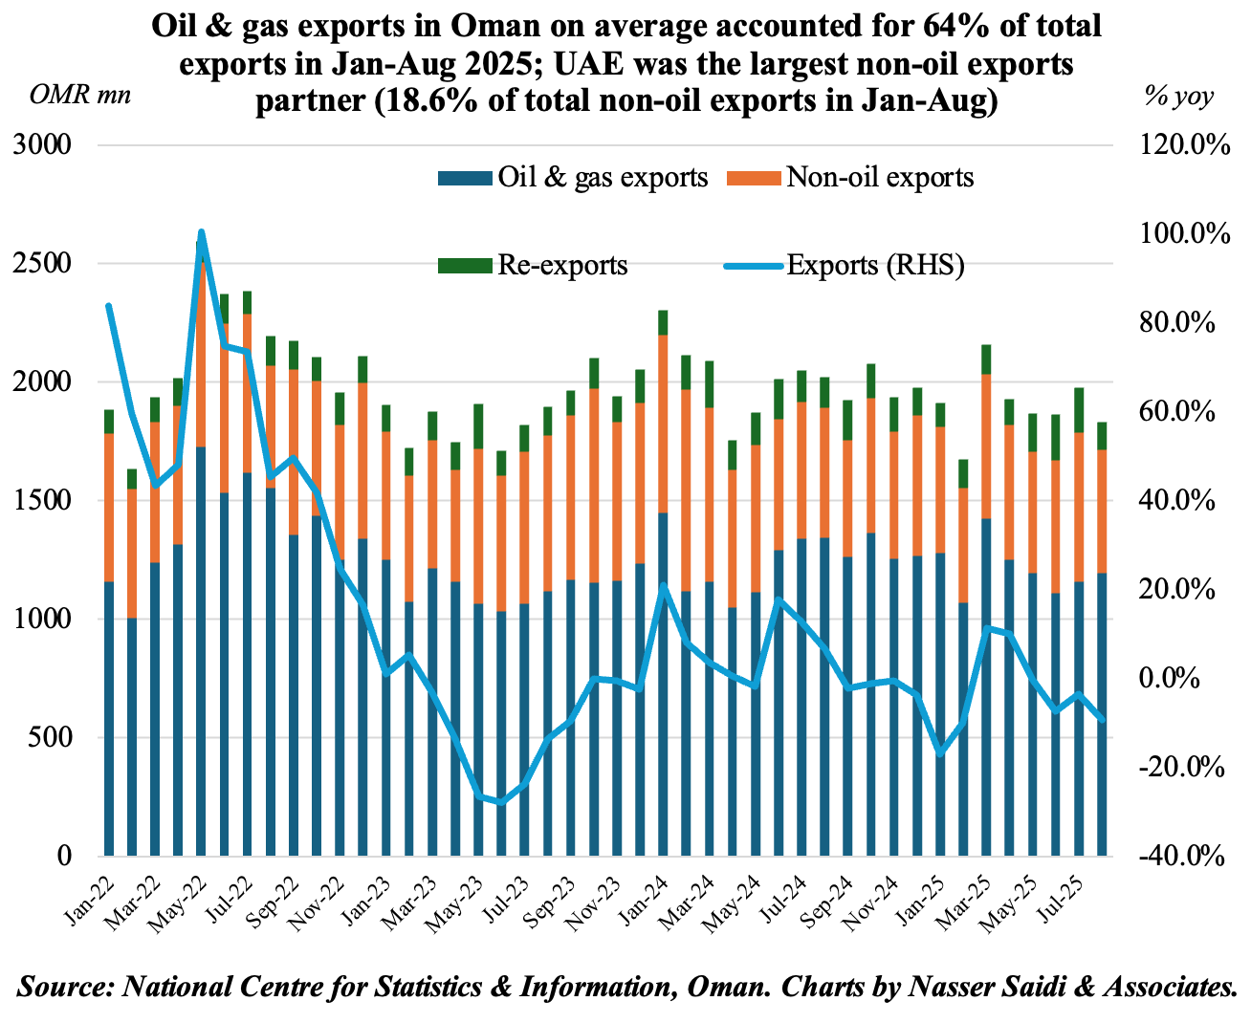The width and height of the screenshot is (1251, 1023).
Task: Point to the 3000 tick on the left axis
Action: point(46,145)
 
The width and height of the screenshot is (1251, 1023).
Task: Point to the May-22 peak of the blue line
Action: point(201,232)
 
